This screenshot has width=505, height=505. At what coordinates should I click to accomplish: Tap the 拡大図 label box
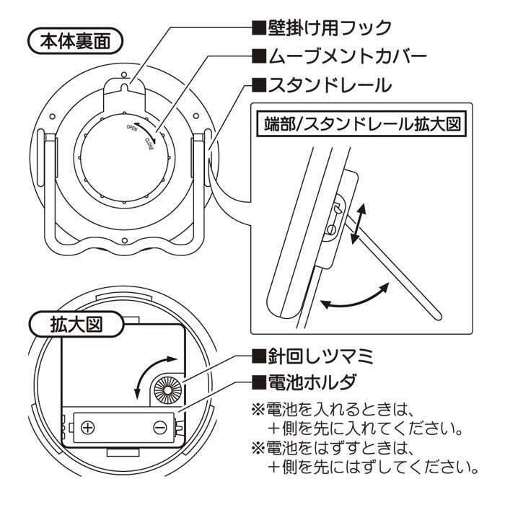(x=76, y=324)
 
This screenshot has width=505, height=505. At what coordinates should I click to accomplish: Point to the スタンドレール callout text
(x=320, y=84)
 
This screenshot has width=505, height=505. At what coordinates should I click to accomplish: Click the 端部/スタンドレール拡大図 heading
(x=359, y=123)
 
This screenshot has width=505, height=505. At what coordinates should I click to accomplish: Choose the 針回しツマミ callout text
(x=320, y=356)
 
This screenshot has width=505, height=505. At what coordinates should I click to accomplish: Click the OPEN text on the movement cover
(x=132, y=128)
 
